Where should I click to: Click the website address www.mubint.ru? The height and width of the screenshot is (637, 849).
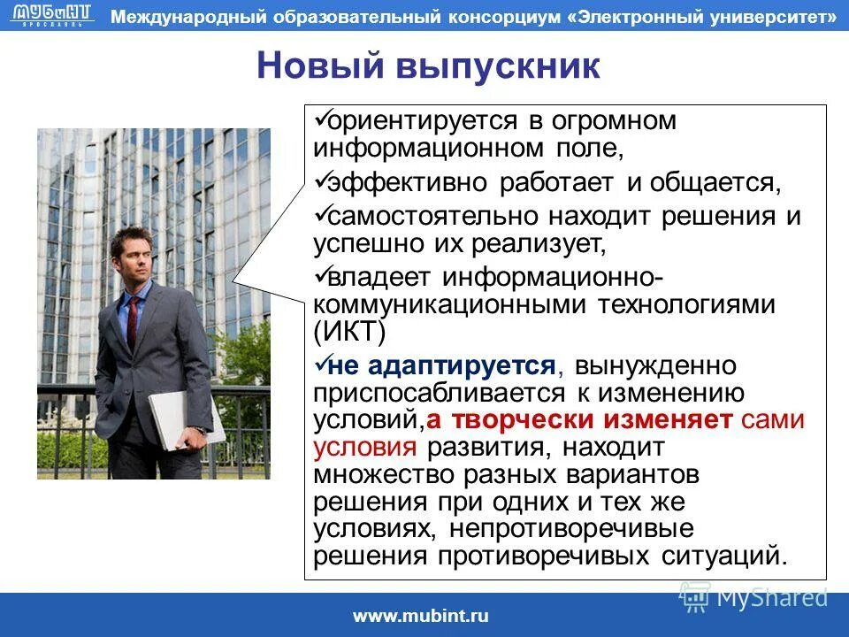tap(421, 617)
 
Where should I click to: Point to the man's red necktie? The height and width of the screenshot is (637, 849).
tap(133, 322)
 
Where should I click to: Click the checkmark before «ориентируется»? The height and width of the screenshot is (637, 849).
tap(322, 117)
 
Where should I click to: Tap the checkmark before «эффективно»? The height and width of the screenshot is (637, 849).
tap(322, 180)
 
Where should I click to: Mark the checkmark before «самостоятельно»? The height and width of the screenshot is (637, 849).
tap(322, 213)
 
